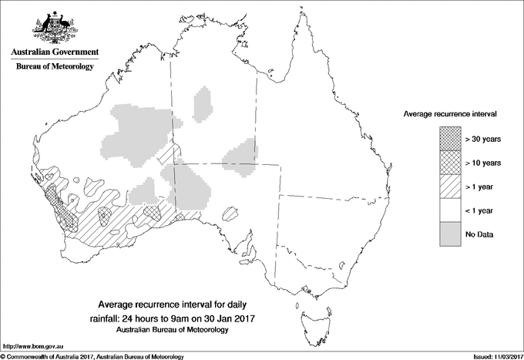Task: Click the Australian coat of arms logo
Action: click(54, 26)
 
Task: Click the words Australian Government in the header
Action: click(54, 52)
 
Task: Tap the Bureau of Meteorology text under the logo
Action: click(54, 66)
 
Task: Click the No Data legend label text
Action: click(479, 234)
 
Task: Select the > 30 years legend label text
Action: click(483, 139)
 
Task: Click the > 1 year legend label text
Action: click(481, 187)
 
